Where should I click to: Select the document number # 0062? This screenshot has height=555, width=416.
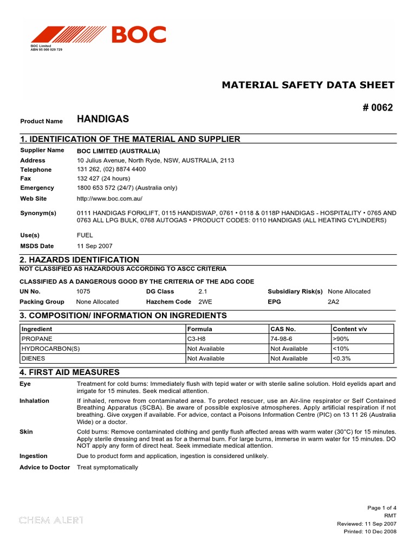click(378, 107)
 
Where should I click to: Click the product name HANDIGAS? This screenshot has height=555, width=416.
click(103, 119)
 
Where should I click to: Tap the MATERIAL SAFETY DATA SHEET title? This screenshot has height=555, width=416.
click(309, 85)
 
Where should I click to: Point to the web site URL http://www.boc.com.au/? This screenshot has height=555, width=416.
click(110, 199)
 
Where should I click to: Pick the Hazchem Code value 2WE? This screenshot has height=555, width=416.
click(206, 301)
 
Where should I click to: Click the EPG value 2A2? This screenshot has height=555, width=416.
click(334, 301)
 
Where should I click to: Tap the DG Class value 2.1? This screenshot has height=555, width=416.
click(203, 292)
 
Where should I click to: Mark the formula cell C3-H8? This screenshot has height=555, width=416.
click(197, 339)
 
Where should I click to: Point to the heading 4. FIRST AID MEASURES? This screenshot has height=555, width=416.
click(69, 372)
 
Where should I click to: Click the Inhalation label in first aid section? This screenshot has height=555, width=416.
click(34, 401)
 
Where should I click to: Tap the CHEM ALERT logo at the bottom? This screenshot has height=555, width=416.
click(51, 520)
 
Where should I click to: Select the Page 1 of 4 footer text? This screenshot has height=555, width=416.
click(382, 508)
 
